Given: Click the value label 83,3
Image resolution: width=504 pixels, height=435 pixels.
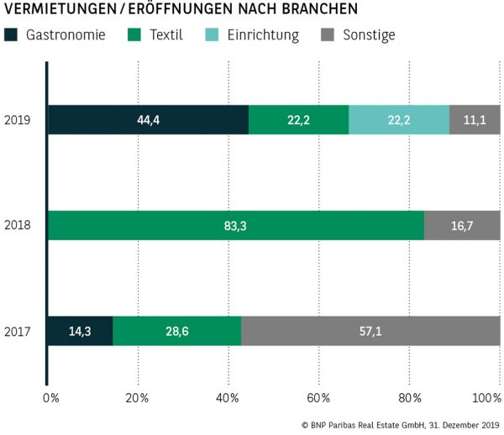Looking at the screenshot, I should pyautogui.click(x=235, y=226).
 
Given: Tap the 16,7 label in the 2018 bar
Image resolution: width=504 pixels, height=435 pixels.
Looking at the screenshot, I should pyautogui.click(x=462, y=226).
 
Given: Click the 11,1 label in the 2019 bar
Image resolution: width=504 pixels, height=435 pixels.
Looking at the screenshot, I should pyautogui.click(x=475, y=120).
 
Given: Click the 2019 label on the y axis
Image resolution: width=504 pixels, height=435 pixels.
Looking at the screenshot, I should pyautogui.click(x=18, y=120).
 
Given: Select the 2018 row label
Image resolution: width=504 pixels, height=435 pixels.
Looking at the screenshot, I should pyautogui.click(x=18, y=226).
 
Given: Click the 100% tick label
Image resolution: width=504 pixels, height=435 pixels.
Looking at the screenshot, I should pyautogui.click(x=486, y=397).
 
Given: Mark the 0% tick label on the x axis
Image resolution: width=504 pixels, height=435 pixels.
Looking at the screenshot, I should pyautogui.click(x=52, y=397).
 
